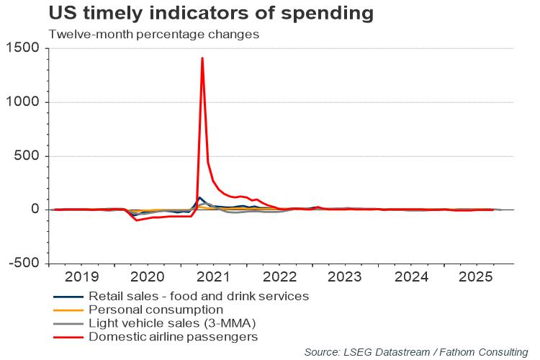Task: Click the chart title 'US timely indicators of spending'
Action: tap(211, 13)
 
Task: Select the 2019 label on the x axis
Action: tap(81, 276)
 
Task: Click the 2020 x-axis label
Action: tap(148, 276)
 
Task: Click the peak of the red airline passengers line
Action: tap(202, 58)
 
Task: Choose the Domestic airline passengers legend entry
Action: tap(174, 336)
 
